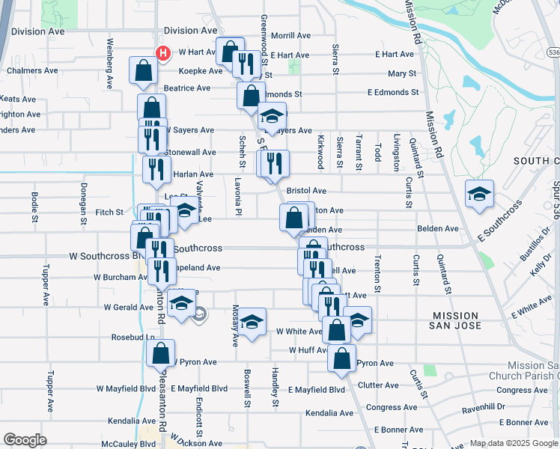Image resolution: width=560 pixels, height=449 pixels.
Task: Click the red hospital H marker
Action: tap(162, 52)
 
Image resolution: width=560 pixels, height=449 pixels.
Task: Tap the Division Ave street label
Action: tap(190, 31)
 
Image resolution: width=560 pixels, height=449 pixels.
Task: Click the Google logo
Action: tap(25, 439)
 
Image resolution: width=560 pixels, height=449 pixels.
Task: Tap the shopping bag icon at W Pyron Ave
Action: tap(160, 352)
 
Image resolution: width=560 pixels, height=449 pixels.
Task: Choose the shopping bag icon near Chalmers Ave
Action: tap(143, 70)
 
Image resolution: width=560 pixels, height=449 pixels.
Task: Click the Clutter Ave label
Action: tap(378, 385)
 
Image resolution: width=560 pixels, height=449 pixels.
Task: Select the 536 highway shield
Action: tap(553, 52)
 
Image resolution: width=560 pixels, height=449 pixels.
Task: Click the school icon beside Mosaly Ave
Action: tap(252, 323)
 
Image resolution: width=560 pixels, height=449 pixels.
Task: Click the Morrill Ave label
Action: tap(290, 35)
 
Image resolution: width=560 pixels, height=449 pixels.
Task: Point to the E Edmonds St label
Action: tap(393, 92)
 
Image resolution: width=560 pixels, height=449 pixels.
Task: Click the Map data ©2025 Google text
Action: tap(513, 443)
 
